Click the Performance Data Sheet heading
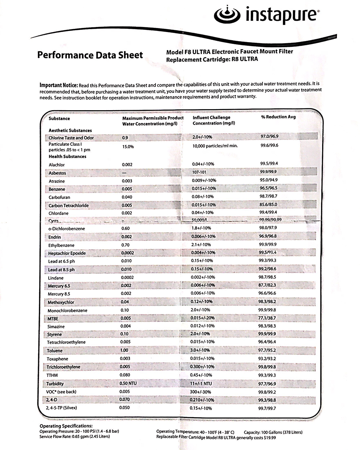click(x=90, y=55)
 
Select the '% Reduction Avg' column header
click(x=278, y=117)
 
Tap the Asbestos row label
click(x=57, y=173)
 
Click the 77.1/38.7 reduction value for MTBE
click(x=268, y=318)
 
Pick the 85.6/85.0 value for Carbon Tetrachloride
click(x=268, y=204)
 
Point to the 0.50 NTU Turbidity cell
click(x=128, y=383)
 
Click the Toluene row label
click(x=55, y=351)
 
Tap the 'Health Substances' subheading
click(x=67, y=157)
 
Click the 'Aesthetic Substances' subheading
click(x=70, y=130)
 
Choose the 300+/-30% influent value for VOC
click(x=201, y=392)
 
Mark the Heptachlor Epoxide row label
click(x=67, y=253)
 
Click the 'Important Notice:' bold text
click(x=58, y=85)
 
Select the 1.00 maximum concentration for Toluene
click(x=124, y=350)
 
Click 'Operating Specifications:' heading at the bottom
click(x=66, y=426)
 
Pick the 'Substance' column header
click(x=59, y=118)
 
